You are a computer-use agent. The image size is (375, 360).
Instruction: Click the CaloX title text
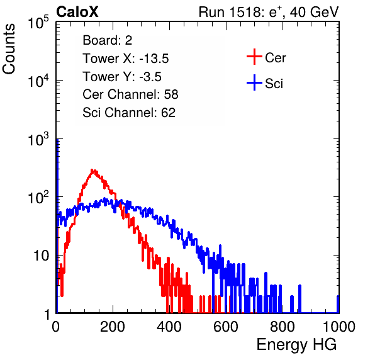point(77,12)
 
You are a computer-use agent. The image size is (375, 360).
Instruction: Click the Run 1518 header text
point(269,12)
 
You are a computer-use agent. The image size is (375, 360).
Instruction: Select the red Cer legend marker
point(254,57)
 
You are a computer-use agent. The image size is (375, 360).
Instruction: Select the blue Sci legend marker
point(254,82)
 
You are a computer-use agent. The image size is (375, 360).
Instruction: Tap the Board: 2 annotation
point(107,40)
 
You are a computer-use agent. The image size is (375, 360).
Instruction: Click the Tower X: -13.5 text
point(126,59)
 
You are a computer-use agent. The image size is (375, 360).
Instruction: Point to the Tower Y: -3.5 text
point(122,77)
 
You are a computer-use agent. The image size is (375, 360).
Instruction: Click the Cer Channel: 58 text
point(130,94)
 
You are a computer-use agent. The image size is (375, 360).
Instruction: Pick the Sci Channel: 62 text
point(129,113)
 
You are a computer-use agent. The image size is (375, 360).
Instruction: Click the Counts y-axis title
point(9,49)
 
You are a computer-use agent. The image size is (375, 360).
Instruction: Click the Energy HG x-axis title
point(296,345)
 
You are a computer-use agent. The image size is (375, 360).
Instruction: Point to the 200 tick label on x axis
point(113,327)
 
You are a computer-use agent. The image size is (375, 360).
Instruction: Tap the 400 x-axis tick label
point(169,327)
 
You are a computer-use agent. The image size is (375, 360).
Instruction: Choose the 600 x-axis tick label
point(226,327)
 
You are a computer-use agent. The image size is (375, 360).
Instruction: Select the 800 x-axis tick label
point(283,327)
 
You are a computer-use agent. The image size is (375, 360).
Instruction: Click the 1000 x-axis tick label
point(339,327)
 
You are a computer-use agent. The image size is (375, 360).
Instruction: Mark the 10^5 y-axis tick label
point(38,22)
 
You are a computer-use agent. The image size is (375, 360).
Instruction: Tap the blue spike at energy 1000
point(338,304)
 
